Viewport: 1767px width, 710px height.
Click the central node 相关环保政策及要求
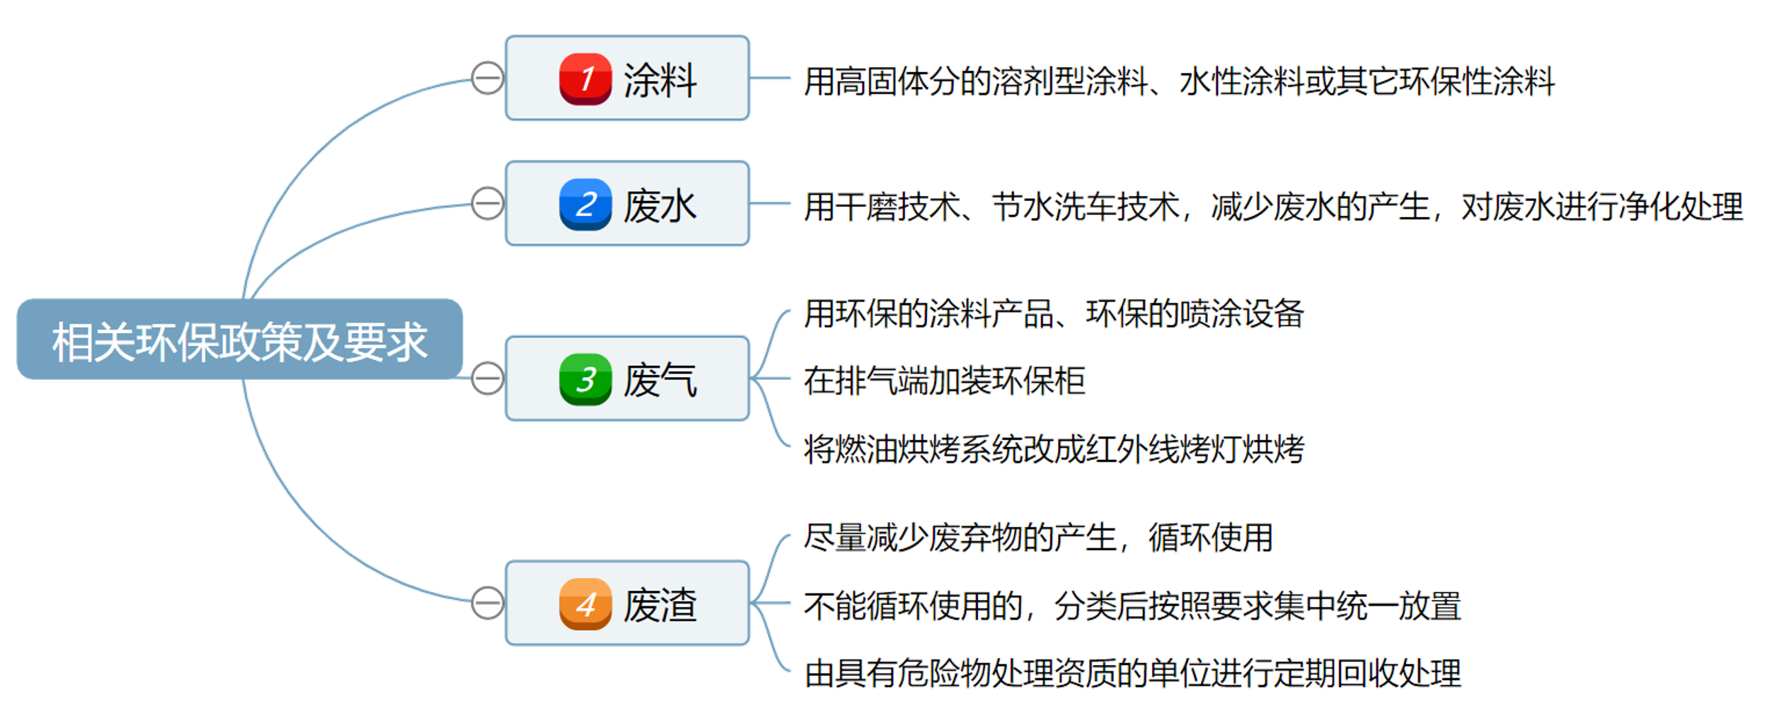point(240,340)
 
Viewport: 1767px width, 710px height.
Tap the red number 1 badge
point(585,79)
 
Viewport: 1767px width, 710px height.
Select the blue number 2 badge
point(585,204)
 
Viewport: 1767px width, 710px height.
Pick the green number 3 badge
point(585,379)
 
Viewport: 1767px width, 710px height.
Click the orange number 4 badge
point(585,604)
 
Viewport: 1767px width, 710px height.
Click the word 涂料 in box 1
point(660,80)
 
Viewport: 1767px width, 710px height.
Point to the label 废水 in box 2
point(660,206)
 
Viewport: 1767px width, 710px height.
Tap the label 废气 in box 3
point(660,380)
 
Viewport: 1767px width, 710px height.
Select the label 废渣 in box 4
point(660,605)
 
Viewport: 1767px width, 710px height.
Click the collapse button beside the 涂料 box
point(487,78)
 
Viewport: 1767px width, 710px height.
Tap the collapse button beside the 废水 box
point(487,203)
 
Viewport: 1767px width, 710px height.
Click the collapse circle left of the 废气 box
point(487,378)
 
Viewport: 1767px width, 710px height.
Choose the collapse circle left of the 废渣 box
point(487,603)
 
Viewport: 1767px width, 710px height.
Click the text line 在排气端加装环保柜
point(944,381)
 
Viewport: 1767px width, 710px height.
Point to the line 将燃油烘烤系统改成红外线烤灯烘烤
point(1054,448)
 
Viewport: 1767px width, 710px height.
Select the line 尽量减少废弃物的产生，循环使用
point(1037,537)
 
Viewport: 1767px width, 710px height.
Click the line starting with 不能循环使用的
point(1132,606)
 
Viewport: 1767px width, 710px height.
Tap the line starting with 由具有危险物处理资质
point(1133,673)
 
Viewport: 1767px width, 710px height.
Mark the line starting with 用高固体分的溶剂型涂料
point(1179,81)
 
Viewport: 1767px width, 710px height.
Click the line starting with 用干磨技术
point(1273,207)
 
